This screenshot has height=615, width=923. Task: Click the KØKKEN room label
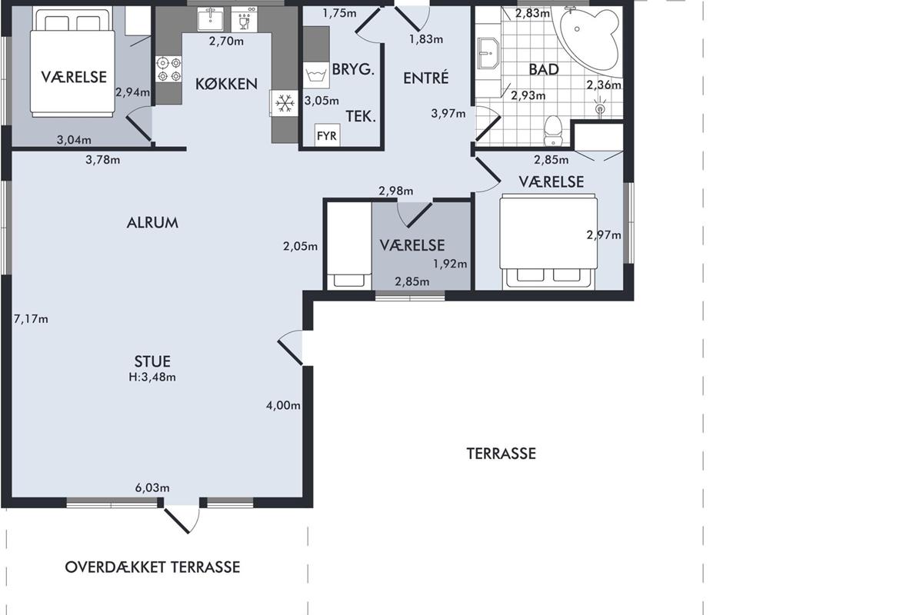coord(226,84)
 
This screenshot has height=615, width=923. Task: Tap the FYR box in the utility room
coord(327,135)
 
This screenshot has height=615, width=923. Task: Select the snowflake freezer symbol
coord(285,103)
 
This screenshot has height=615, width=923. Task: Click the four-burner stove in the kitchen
coord(169,69)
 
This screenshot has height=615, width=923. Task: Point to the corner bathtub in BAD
coord(589,42)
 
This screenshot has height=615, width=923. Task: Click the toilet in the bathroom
coord(553,131)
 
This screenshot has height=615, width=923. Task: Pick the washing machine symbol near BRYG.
coord(316,75)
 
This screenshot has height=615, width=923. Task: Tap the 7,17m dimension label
coord(31,319)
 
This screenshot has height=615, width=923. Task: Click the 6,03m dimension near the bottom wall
coord(152,487)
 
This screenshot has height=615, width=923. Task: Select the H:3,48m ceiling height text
coord(152,377)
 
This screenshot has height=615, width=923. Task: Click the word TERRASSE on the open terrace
coord(501,454)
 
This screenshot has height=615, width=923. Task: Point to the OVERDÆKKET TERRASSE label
coord(152,567)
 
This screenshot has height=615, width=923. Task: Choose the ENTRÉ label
coord(425,78)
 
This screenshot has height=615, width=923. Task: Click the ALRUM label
coord(152,223)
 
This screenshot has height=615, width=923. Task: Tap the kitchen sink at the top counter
coord(211,19)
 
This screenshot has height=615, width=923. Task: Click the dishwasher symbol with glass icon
coord(245,19)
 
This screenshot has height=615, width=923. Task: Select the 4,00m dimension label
coord(283,405)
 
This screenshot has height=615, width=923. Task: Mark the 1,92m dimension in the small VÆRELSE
coord(450,264)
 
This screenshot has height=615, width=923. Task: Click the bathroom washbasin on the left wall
coord(488,53)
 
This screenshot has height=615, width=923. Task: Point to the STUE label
coord(152,361)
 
